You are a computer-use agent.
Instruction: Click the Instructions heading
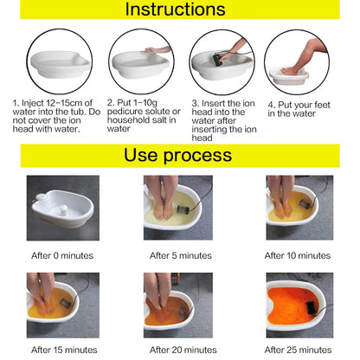pos(179,10)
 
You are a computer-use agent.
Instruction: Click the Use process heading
pos(179,156)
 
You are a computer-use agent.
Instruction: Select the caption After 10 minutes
pos(298,255)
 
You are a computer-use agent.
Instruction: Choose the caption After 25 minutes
pos(298,350)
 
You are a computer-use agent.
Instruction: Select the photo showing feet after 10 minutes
pos(298,209)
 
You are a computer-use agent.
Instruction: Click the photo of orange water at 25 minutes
pos(298,305)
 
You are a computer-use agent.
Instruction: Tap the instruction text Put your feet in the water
pos(304,108)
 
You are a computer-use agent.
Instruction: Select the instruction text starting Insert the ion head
pos(222,118)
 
